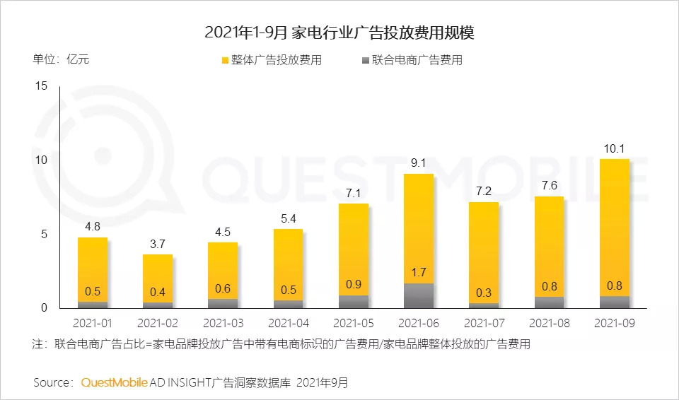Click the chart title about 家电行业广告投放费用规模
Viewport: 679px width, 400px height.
(340, 33)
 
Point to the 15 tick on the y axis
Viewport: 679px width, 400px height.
(41, 86)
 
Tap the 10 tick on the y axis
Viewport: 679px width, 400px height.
(41, 160)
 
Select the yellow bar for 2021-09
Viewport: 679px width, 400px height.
(615, 226)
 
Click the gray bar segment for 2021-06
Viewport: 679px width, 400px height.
(419, 295)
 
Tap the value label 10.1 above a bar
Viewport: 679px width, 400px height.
(615, 148)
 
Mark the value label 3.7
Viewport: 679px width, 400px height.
(158, 245)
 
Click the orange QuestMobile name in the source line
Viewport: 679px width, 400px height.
(115, 382)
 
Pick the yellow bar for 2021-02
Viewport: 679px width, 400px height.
(158, 279)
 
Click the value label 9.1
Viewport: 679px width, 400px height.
(419, 163)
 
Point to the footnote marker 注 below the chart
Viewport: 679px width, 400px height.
(39, 345)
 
